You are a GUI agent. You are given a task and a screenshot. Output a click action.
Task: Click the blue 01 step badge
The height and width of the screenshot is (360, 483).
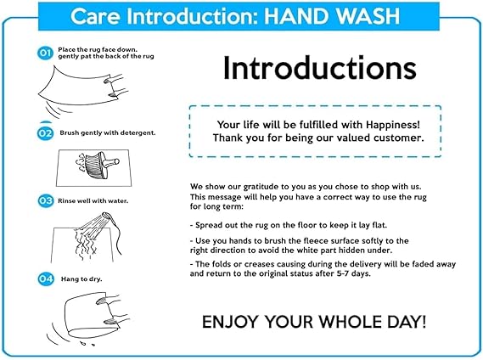click(x=45, y=53)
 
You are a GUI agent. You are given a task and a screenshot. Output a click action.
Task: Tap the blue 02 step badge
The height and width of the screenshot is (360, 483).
click(x=45, y=133)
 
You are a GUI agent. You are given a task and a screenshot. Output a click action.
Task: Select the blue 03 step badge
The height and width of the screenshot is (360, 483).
click(x=46, y=201)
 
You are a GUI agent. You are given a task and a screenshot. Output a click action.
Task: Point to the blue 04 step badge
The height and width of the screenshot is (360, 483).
click(x=46, y=279)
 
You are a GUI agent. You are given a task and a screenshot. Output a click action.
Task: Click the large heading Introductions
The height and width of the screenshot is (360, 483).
click(x=320, y=68)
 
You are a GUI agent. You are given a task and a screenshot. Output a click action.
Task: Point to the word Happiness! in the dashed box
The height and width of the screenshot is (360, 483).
click(x=393, y=125)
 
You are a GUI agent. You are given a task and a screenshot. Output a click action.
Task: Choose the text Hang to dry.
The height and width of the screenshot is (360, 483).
click(x=81, y=279)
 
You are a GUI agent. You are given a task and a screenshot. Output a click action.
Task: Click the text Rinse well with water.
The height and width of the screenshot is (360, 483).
click(x=93, y=201)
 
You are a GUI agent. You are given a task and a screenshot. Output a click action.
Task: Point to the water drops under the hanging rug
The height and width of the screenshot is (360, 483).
click(x=87, y=343)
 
